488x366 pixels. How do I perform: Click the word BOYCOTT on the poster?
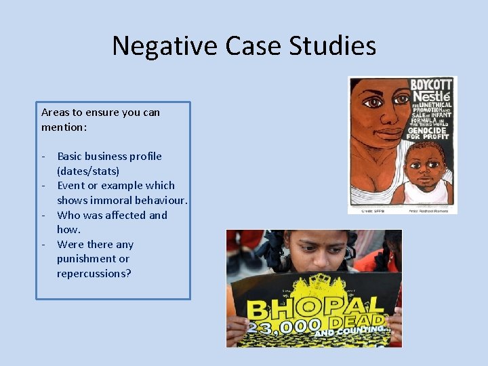pos(431,85)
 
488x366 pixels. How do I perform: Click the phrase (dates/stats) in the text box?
pos(88,171)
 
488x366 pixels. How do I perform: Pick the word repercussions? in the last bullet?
pos(94,273)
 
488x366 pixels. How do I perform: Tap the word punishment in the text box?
pos(86,258)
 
